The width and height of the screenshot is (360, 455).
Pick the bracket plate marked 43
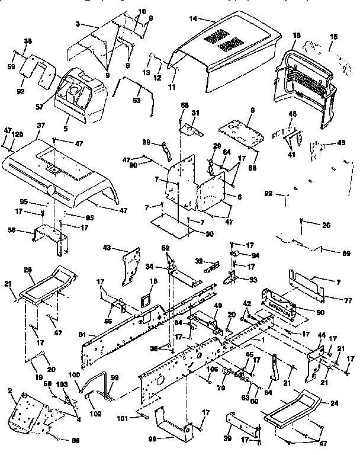point(131,264)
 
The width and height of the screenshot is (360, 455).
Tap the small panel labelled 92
point(33,71)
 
